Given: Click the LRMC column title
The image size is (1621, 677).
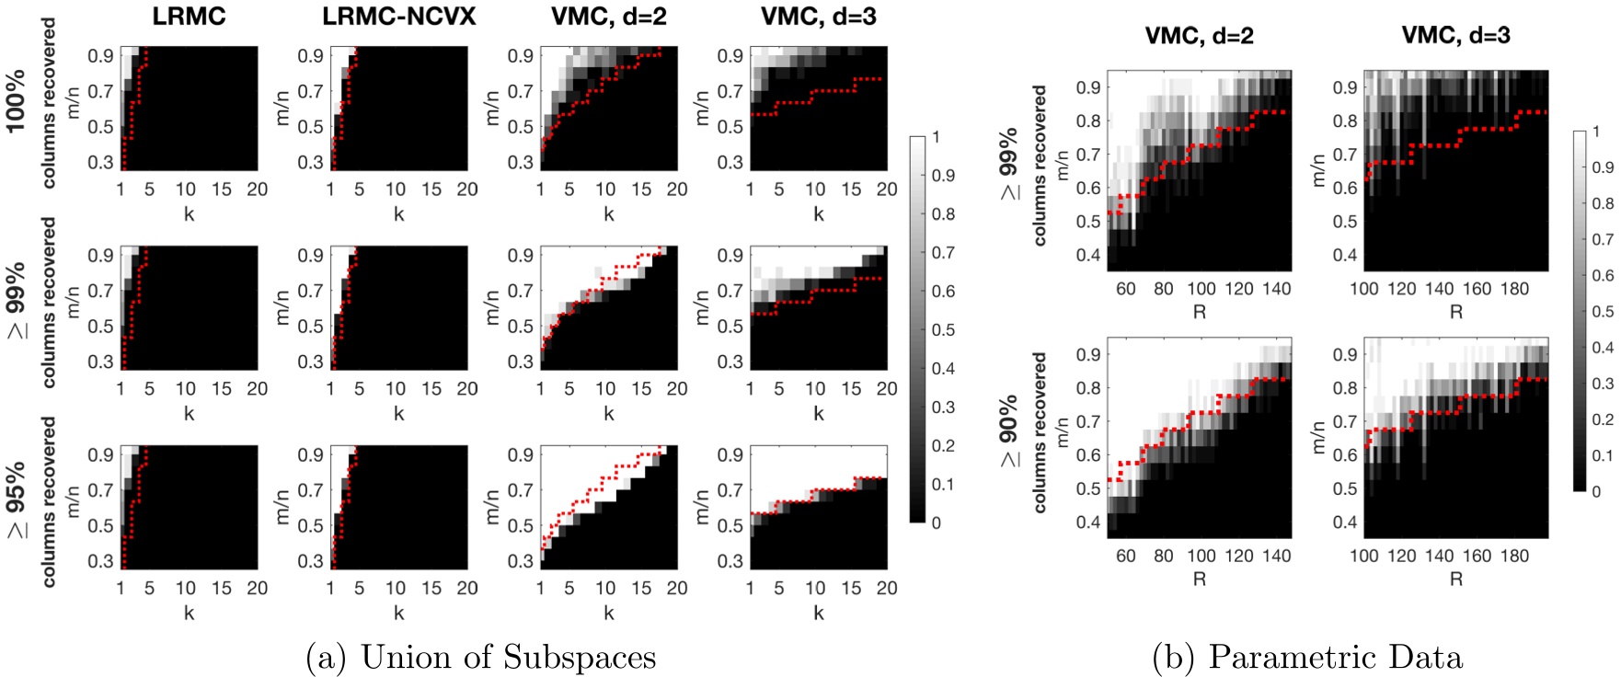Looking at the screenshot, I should coord(189,17).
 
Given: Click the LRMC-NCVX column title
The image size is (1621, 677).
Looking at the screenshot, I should coord(398,17).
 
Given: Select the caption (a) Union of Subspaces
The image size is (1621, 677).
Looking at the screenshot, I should coord(480,657).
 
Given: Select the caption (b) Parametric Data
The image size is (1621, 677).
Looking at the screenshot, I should coord(1306,657).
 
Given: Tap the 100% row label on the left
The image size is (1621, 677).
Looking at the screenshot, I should coord(17,101).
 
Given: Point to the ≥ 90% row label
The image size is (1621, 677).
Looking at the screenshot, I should coord(1008,431).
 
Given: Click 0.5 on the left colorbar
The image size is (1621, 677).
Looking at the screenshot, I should coord(943,329).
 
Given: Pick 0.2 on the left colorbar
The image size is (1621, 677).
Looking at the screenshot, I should coord(943,445).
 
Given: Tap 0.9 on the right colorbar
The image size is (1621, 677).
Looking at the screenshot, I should coord(1603,167).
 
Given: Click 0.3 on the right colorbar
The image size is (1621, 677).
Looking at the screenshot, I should coord(1603,384).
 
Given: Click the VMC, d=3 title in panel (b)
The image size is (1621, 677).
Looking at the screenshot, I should coord(1455,36).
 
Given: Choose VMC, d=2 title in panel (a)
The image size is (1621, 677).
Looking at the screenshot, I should coord(608,17).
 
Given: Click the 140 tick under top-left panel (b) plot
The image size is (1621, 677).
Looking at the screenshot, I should coord(1276,289).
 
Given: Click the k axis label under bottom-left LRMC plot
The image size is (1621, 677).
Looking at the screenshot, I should coord(189,613).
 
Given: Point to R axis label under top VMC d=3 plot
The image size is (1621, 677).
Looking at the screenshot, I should coord(1455,313).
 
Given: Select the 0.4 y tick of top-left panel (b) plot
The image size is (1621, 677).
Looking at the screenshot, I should coord(1087,255).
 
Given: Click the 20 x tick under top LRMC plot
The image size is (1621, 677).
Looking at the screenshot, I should coord(257,189).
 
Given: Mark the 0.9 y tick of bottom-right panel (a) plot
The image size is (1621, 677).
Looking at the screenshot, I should coord(730,454).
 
